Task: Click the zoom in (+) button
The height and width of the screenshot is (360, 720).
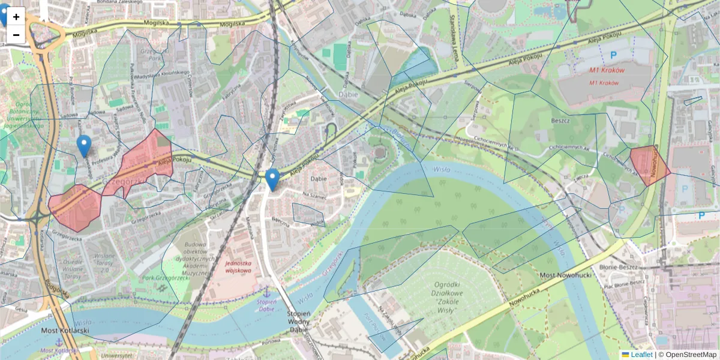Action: [16, 17]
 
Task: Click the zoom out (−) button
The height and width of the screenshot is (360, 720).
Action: [16, 35]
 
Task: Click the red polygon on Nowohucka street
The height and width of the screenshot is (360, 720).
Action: [649, 165]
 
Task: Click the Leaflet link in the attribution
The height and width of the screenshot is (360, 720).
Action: [641, 355]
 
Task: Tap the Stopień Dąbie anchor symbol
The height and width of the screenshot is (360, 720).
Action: [268, 292]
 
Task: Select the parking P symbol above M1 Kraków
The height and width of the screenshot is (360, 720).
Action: [613, 55]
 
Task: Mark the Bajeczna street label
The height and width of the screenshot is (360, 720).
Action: [281, 221]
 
